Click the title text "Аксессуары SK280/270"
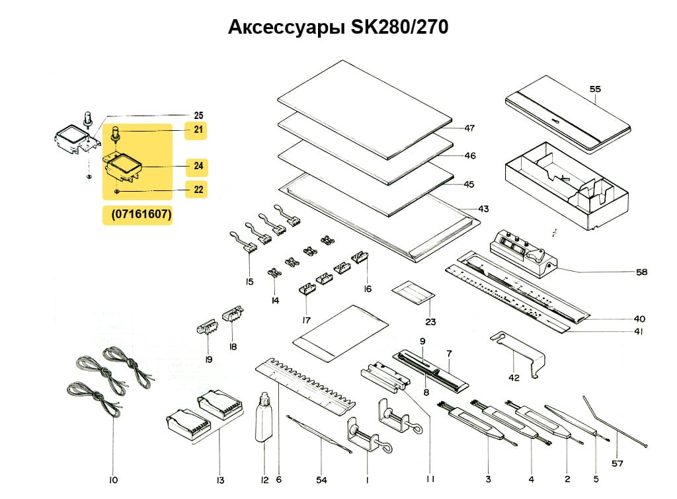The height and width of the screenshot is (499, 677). point(338,27)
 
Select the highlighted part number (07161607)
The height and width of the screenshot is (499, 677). point(138,215)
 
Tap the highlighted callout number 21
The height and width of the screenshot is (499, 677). point(198,130)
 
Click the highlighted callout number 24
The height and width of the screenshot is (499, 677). point(198,165)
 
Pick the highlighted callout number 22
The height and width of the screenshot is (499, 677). point(198,190)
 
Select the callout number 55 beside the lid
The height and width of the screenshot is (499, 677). point(595,88)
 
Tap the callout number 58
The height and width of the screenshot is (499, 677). point(641,272)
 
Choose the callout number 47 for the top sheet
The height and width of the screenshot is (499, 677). point(469,128)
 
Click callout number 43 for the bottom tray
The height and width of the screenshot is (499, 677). point(483,209)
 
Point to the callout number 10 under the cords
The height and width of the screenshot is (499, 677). point(113,479)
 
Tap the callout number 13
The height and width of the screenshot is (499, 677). point(220,479)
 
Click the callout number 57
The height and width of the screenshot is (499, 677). point(617,463)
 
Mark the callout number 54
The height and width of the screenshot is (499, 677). point(321,479)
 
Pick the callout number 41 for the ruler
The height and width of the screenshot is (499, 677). point(639,331)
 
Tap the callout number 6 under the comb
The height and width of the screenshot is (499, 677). point(278,479)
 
